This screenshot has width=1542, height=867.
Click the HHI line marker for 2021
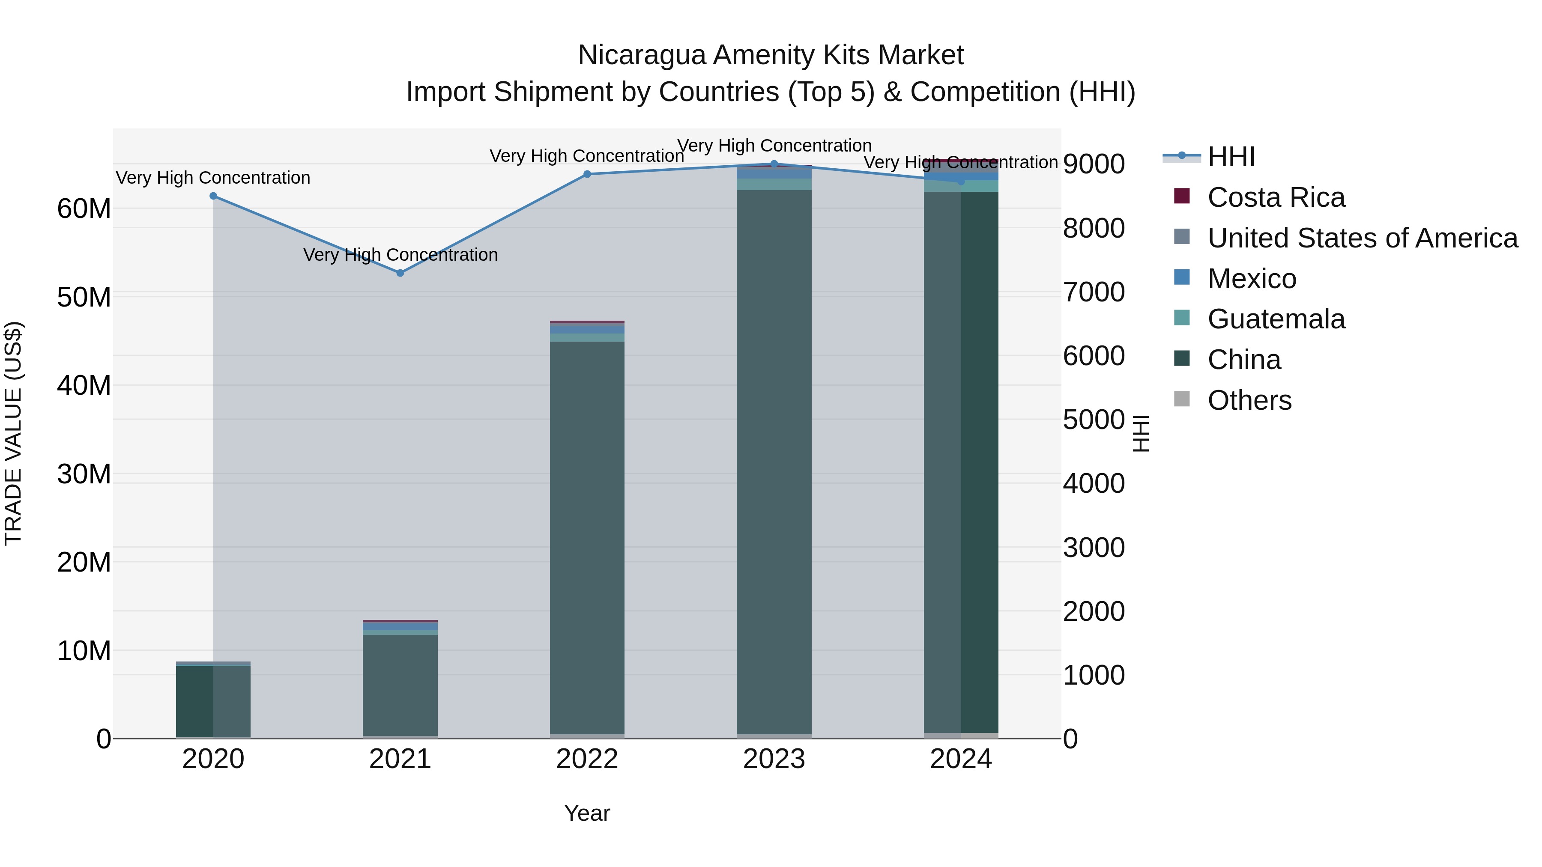[x=400, y=273]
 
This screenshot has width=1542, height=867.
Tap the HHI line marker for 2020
[x=213, y=196]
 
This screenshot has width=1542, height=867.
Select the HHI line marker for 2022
[x=587, y=174]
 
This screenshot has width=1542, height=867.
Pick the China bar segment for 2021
[x=400, y=685]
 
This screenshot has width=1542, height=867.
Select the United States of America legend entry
[x=1362, y=238]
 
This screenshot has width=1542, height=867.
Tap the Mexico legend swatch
[x=1182, y=277]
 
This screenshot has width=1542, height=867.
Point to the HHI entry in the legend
[x=1231, y=157]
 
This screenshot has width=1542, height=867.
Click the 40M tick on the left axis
[x=84, y=385]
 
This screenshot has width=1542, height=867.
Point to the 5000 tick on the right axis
[x=1094, y=420]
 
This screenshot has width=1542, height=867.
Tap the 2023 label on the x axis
[x=774, y=759]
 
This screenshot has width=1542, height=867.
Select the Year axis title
[x=587, y=813]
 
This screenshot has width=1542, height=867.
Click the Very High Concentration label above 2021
[x=400, y=255]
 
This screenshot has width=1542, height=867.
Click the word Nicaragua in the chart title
[x=641, y=55]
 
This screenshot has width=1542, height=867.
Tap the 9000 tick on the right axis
[x=1094, y=164]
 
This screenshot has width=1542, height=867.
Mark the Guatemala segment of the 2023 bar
[x=774, y=184]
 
